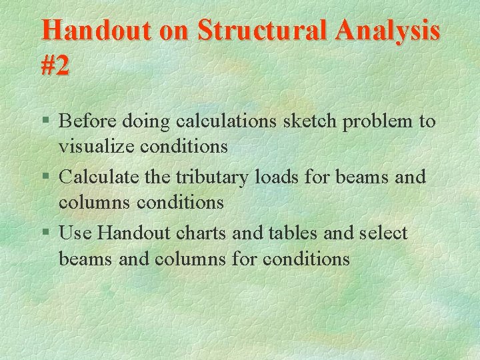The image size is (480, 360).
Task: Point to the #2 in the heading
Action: pyautogui.click(x=55, y=65)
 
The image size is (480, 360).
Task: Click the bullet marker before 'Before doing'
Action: pyautogui.click(x=45, y=122)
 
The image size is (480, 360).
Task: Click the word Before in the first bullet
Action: pyautogui.click(x=85, y=121)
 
